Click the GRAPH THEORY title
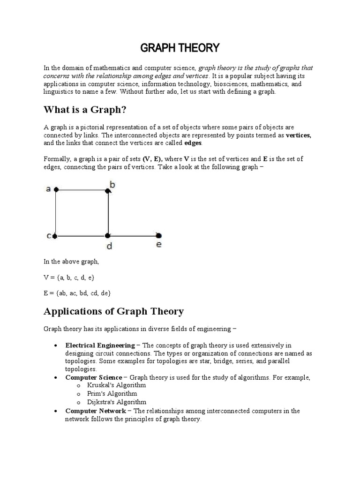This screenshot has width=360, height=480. (180, 48)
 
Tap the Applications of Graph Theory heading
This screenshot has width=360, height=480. (113, 311)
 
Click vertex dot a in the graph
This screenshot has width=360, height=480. (56, 190)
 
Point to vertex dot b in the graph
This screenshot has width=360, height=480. (108, 190)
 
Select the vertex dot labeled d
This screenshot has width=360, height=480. (108, 236)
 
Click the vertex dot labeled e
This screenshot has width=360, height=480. (158, 235)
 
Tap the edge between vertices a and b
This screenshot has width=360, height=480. (82, 190)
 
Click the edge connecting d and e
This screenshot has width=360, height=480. (134, 236)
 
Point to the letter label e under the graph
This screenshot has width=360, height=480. (159, 245)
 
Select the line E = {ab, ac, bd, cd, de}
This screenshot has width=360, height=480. (77, 293)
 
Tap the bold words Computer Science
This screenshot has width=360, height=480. (93, 377)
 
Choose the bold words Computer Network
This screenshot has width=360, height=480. (95, 411)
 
